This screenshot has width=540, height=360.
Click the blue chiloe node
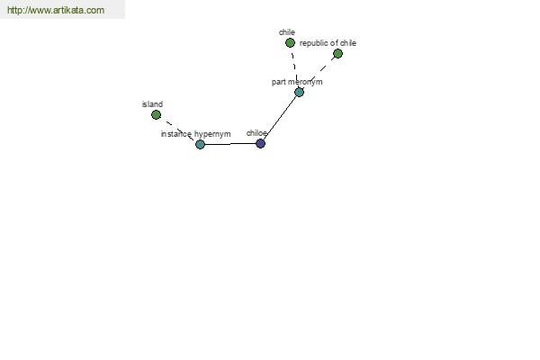point(261,144)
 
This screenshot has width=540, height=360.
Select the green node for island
point(156,114)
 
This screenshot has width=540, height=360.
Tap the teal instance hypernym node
point(200,144)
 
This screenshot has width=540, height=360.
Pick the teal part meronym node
point(300,92)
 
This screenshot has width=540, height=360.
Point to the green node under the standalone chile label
point(290,42)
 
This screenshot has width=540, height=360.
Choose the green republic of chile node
point(337,53)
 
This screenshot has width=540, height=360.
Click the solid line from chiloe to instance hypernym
point(230,144)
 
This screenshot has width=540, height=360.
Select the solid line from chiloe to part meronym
point(280,118)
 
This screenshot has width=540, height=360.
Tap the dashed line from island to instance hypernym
point(178,130)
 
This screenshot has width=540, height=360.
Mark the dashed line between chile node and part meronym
point(295,67)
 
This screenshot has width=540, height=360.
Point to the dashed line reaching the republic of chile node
point(319,73)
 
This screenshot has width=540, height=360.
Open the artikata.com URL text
point(56,10)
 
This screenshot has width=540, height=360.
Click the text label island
point(152,104)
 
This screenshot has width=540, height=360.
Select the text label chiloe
point(256,133)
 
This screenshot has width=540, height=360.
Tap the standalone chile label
point(287,32)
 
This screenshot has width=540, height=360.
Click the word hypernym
point(212,134)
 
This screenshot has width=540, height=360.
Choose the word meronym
point(304,82)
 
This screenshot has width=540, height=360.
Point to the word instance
point(176,134)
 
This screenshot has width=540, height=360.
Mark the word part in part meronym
point(278,82)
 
